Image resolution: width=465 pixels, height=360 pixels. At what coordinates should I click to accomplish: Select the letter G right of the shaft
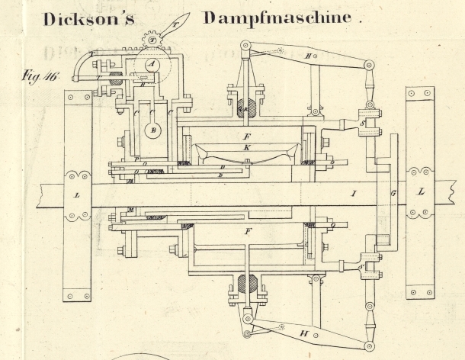393,194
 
